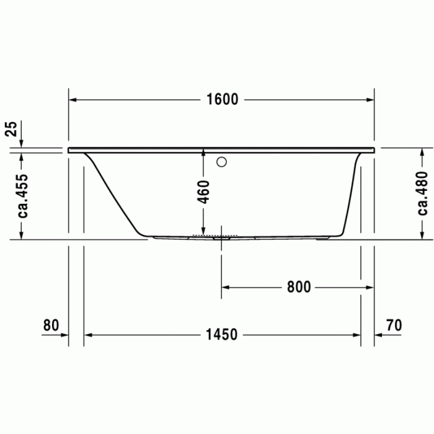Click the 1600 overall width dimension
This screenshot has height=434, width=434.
[x=221, y=99]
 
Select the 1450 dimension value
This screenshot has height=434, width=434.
[x=221, y=335]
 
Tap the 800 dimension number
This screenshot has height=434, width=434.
[x=298, y=287]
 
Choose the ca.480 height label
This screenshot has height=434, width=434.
[x=422, y=193]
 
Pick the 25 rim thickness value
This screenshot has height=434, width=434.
[x=11, y=130]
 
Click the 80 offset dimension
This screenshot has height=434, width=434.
[x=51, y=325]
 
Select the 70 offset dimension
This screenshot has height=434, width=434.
[x=394, y=325]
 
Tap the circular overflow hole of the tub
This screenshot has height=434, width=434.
[x=221, y=163]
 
